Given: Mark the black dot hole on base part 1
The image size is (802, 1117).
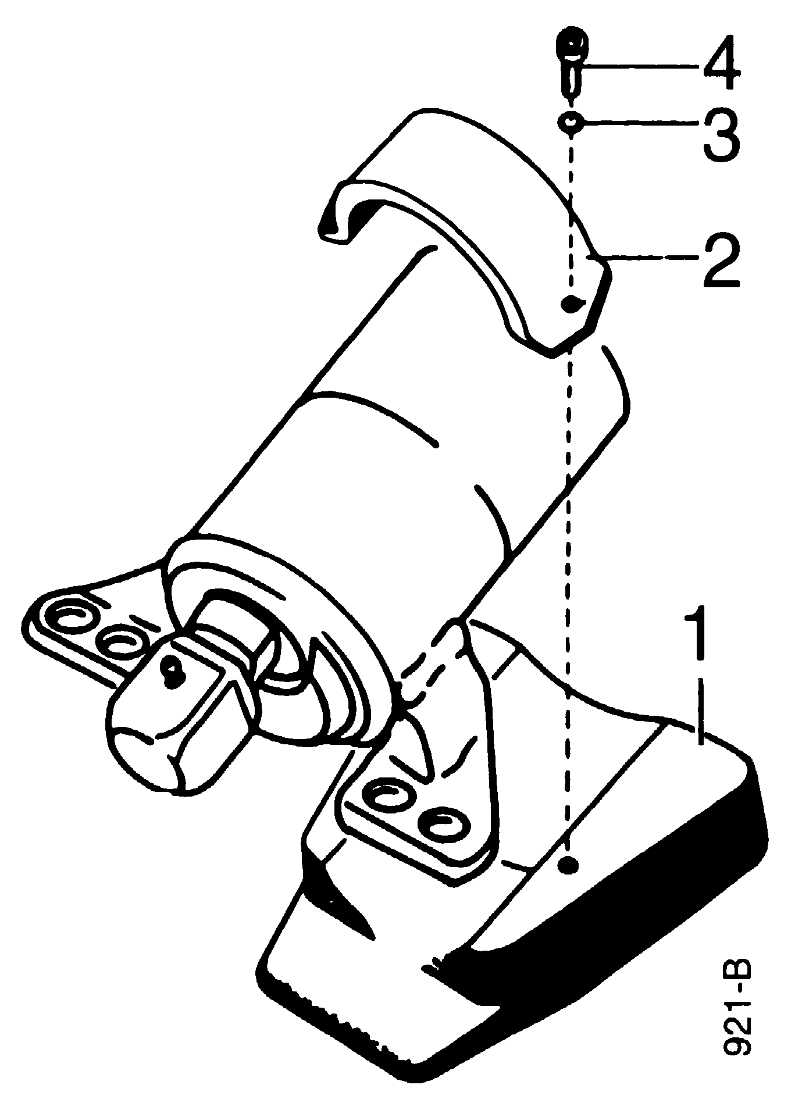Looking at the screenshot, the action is [568, 865].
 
